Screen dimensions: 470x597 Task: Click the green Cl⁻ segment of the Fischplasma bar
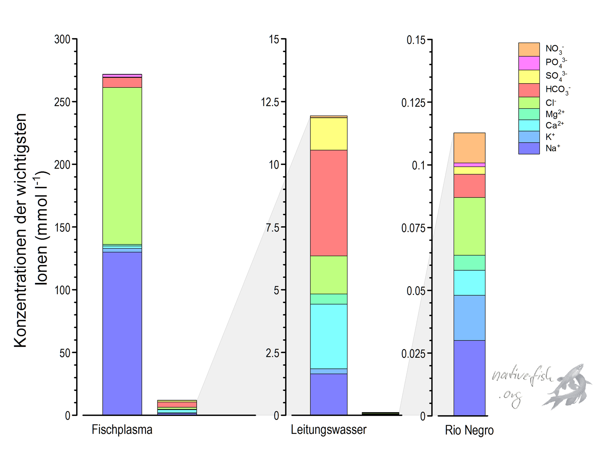tap(122, 166)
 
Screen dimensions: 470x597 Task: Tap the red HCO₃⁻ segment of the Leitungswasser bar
tap(328, 203)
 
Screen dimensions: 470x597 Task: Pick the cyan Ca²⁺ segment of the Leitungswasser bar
tap(328, 336)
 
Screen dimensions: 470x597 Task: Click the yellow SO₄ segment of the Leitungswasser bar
tap(328, 134)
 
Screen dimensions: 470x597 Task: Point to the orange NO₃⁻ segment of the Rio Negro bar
tap(469, 148)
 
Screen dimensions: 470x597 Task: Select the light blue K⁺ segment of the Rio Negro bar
tap(469, 318)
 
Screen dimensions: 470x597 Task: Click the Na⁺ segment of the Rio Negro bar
tap(469, 377)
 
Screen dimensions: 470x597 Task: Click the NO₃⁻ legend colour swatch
tap(529, 49)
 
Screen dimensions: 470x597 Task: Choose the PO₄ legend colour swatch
tap(529, 63)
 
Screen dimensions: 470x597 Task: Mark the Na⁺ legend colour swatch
tap(529, 148)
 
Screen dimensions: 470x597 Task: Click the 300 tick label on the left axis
tap(62, 39)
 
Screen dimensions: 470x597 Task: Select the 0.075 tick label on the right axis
tap(413, 228)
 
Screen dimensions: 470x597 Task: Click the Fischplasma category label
tap(122, 430)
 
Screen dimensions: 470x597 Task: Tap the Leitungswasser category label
tap(329, 430)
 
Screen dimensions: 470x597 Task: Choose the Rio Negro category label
tap(469, 430)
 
